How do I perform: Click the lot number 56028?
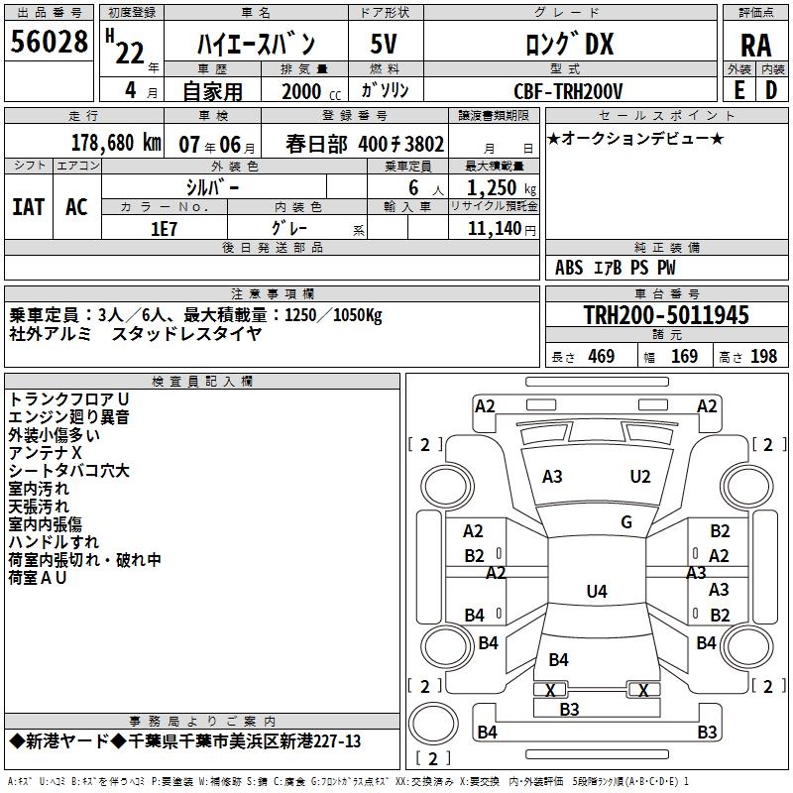tap(50, 44)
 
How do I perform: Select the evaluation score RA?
tap(755, 45)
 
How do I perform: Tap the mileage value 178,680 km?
tap(117, 142)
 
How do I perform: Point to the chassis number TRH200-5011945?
tap(665, 316)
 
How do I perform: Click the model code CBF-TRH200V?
tap(569, 91)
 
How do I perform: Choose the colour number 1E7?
tap(164, 228)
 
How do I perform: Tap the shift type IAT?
tap(29, 207)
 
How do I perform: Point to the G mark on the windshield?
tap(626, 522)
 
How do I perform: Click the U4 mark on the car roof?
tap(596, 592)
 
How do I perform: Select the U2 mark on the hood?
tap(640, 477)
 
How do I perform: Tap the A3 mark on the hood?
tap(552, 477)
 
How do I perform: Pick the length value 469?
tap(601, 357)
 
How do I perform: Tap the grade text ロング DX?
tap(569, 44)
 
